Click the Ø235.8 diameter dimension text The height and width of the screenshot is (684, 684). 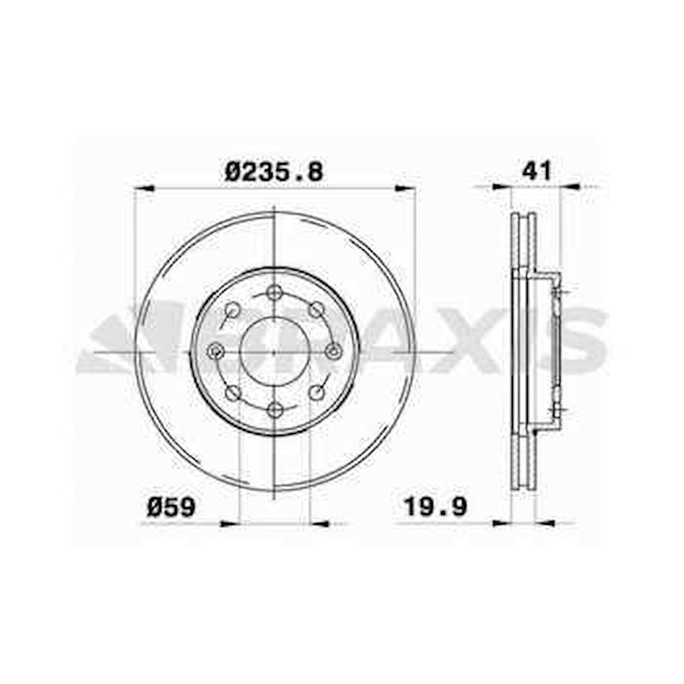click(x=274, y=172)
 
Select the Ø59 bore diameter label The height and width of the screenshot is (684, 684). click(x=172, y=507)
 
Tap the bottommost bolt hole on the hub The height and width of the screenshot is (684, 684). click(x=275, y=410)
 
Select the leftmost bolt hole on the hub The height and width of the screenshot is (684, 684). click(x=216, y=351)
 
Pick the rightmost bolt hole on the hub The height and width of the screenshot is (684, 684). click(x=333, y=351)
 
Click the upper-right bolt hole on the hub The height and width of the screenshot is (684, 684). click(x=316, y=310)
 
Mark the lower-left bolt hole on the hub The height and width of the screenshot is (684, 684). click(x=233, y=393)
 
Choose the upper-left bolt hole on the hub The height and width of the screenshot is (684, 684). click(x=233, y=310)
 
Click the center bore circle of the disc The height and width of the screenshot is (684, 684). click(x=274, y=351)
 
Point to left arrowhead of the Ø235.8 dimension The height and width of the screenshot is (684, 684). click(x=143, y=187)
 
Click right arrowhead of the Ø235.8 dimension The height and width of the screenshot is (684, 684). click(x=406, y=187)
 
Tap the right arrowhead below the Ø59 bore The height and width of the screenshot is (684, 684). click(x=320, y=523)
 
